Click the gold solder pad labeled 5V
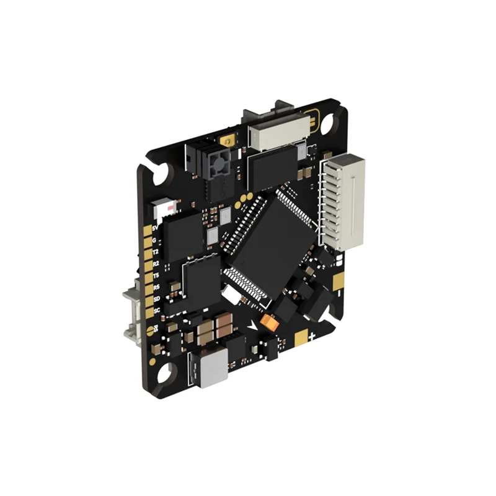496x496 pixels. pos(148,230)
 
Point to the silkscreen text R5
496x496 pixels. pos(156,287)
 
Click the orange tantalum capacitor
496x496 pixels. pos(268,321)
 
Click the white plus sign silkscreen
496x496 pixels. pos(313,335)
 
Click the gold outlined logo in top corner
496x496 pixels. pos(314,120)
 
